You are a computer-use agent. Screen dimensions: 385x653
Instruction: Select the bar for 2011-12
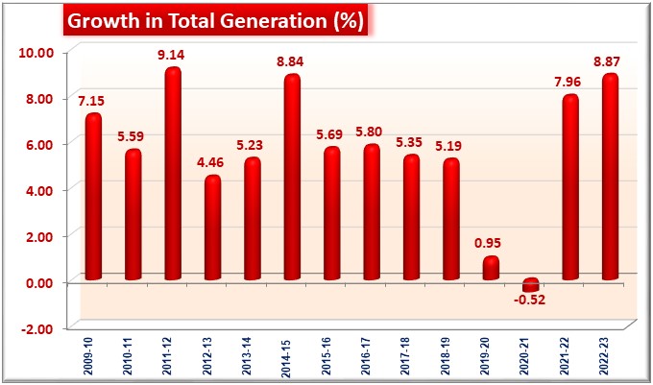(x=173, y=174)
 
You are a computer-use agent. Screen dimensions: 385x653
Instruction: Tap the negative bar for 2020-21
(x=530, y=285)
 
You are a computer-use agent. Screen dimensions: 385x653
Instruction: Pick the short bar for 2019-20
(x=491, y=268)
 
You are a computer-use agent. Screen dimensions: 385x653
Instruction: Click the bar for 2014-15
(x=292, y=178)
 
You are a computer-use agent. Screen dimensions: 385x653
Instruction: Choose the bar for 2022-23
(x=610, y=177)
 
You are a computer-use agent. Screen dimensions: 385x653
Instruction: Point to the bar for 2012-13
(x=212, y=228)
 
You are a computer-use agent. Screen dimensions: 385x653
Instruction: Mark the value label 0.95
(x=491, y=243)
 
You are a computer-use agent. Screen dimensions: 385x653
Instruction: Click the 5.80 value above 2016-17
(x=372, y=132)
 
